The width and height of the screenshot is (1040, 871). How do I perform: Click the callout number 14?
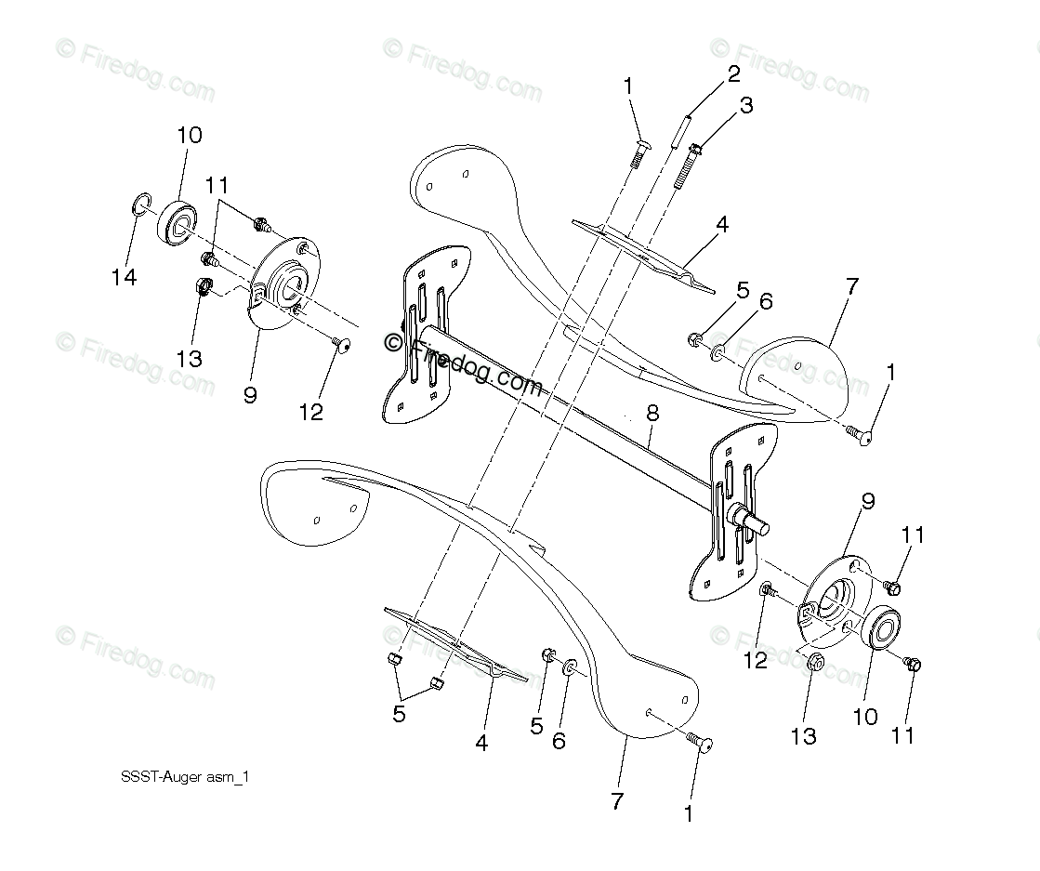124,277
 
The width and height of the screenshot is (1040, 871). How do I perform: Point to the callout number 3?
746,106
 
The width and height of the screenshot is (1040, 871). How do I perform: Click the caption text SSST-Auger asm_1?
185,778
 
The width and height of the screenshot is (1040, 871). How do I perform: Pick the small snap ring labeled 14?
139,205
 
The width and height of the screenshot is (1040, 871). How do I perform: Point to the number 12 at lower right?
756,660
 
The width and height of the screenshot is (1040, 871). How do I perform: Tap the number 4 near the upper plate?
722,224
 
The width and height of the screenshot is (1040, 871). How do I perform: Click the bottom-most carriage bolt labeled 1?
698,741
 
